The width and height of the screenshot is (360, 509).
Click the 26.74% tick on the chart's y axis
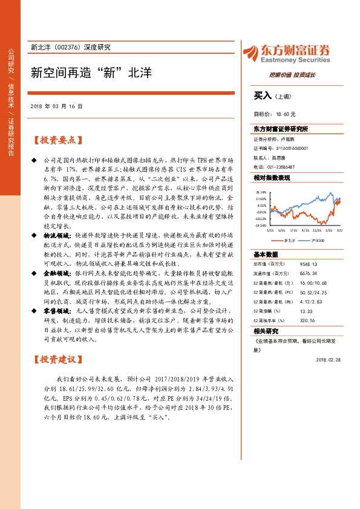point(261,192)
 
